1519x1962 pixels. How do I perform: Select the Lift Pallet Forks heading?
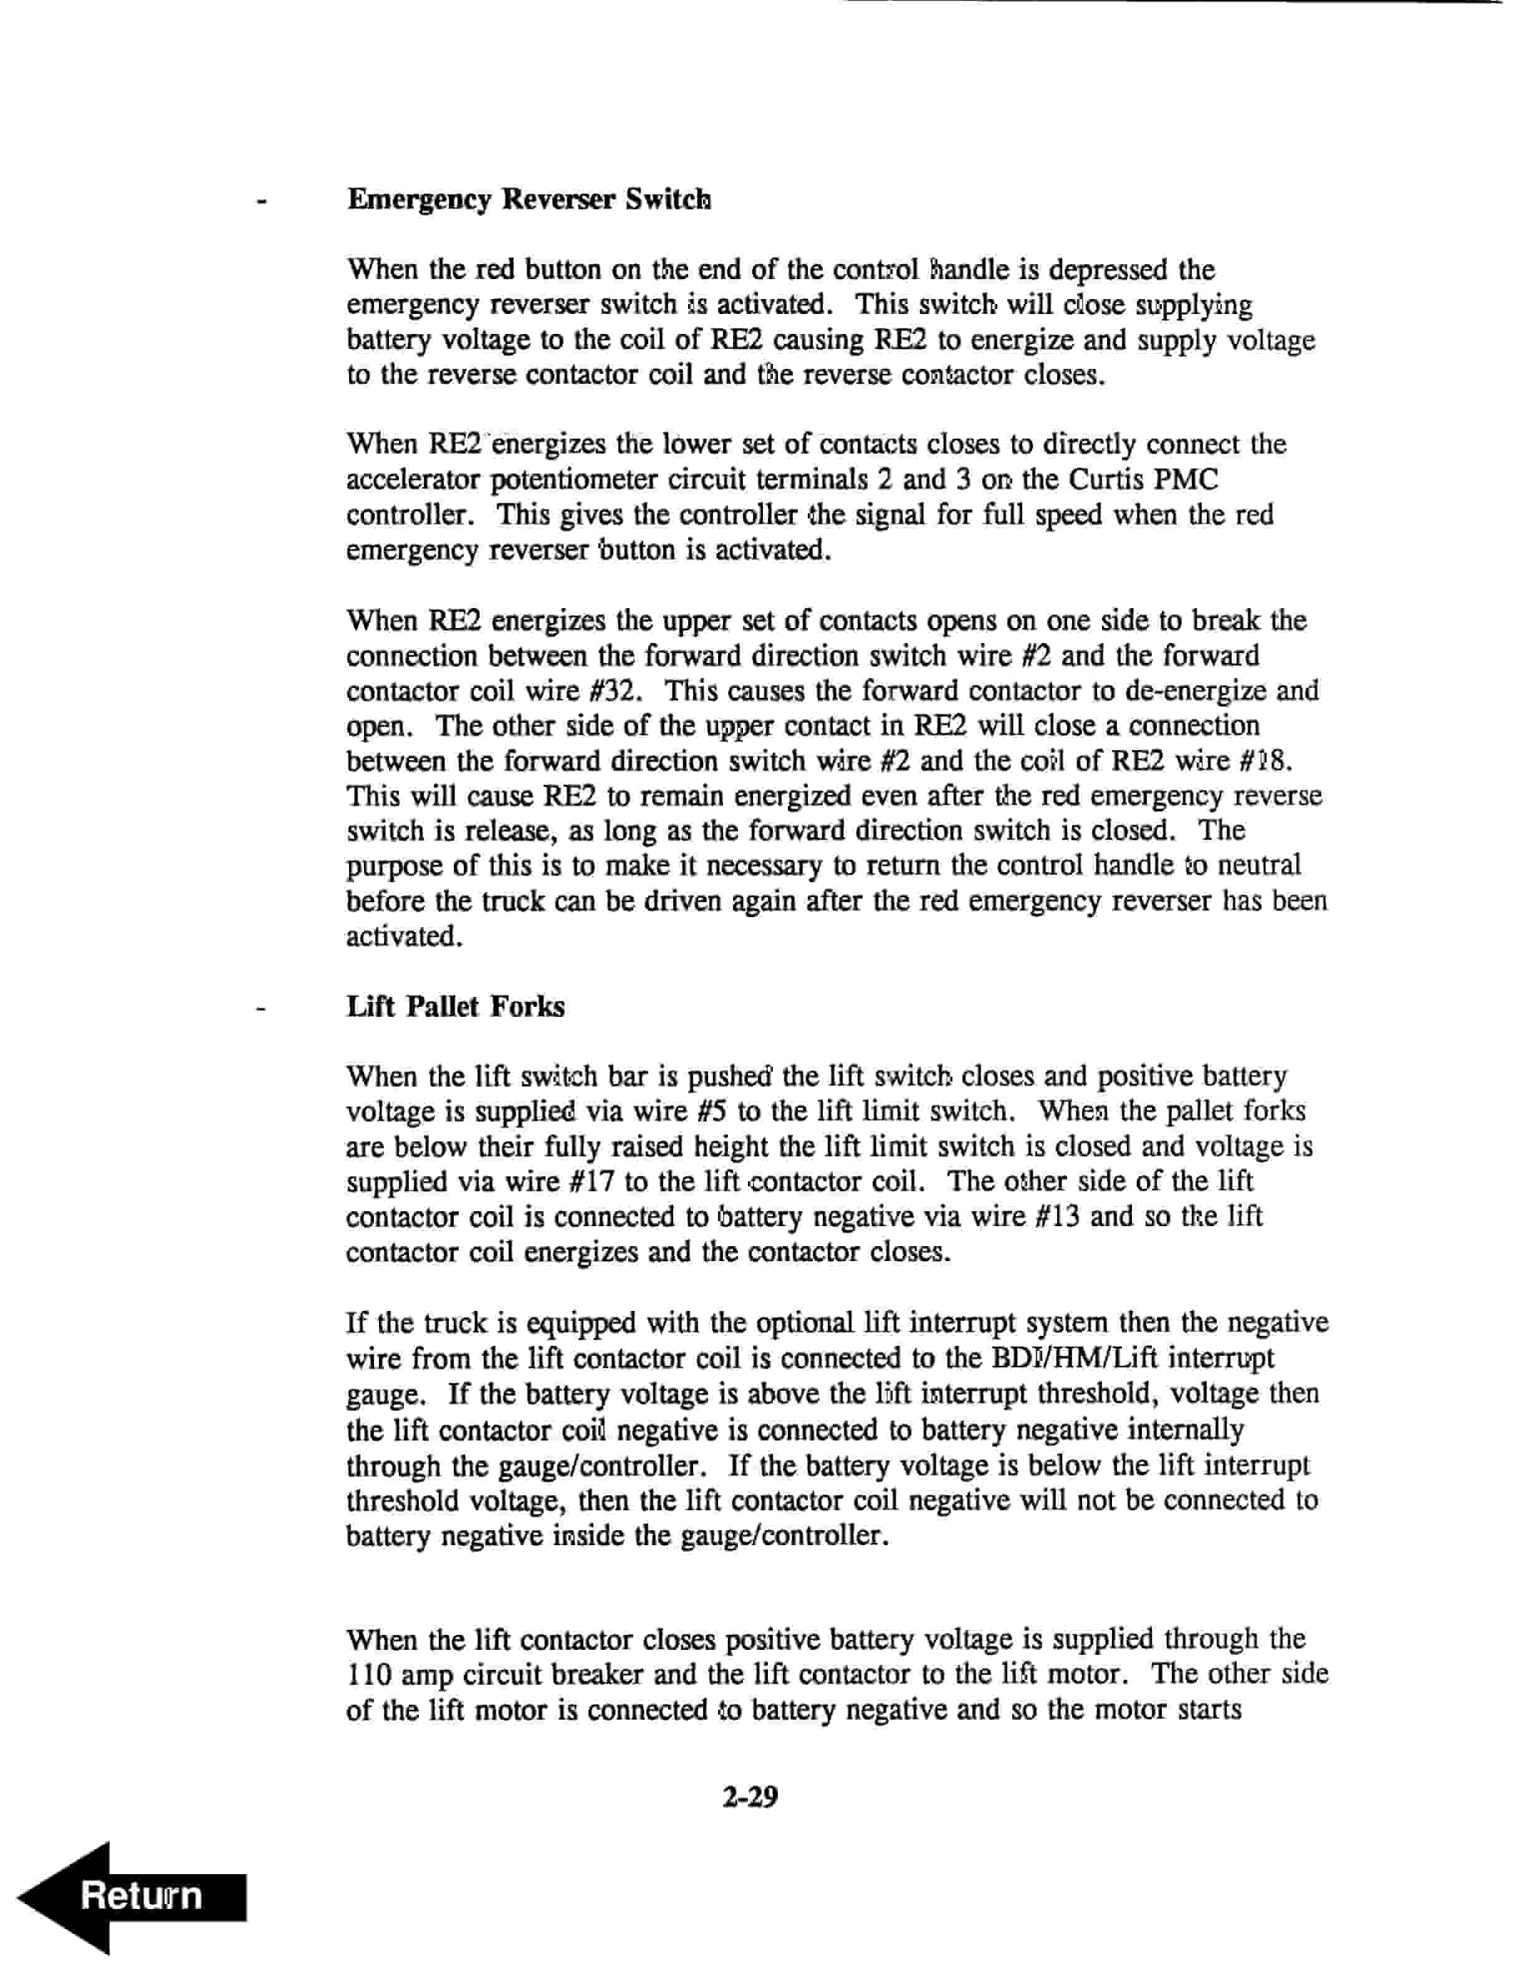click(x=456, y=1006)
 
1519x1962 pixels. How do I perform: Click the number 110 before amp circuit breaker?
click(x=368, y=1675)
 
